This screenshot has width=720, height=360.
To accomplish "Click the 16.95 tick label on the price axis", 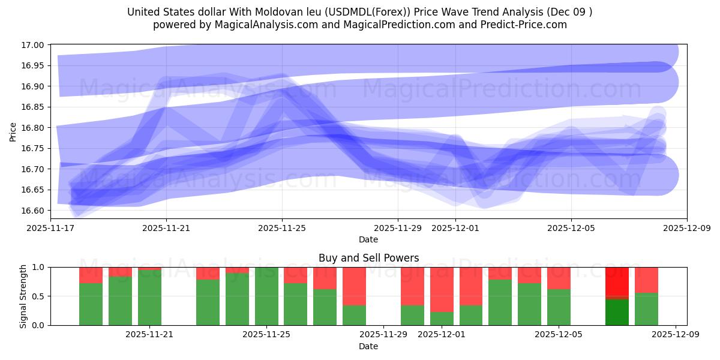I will point(32,65).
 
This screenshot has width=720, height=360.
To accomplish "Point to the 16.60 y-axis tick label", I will point(32,211).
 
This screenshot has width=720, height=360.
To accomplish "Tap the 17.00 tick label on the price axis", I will point(32,45).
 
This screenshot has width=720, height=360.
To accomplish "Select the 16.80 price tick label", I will point(32,128).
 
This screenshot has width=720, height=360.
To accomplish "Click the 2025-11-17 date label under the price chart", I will point(50,228).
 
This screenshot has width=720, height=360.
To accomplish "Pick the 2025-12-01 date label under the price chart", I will point(455,228).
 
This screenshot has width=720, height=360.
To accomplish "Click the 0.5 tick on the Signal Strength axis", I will point(39,296).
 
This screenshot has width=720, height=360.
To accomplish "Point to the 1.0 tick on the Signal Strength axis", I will point(39,267).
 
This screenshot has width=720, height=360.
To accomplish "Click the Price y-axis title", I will point(14,131).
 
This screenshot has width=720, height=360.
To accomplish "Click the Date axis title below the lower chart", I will point(368,346).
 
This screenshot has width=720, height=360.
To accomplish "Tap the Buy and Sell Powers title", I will point(368,258).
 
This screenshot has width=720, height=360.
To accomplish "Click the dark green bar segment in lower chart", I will point(617,312).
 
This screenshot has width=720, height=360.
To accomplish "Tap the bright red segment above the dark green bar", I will point(617,281).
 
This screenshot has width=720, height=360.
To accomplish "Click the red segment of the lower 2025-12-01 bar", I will point(442,289).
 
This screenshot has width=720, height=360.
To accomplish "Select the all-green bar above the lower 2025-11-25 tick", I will point(266,296).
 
